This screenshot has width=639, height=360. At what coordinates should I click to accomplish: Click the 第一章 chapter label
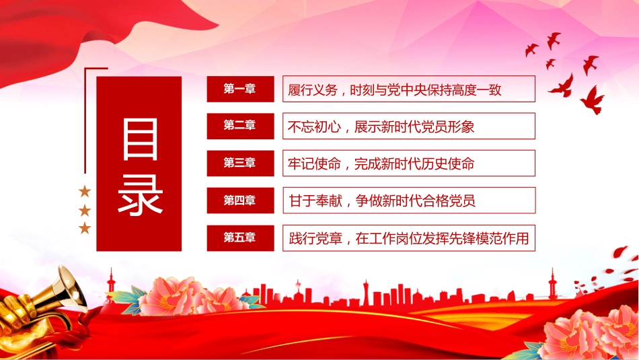pos(240,89)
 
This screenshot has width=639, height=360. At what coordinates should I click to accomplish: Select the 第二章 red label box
pos(240,126)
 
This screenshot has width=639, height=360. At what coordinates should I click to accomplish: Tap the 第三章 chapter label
pos(240,163)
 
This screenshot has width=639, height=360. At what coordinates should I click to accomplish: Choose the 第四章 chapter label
pos(240,200)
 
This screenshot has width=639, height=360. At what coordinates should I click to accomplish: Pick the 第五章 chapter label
pos(240,238)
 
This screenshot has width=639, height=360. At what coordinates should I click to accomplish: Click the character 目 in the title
pos(140,139)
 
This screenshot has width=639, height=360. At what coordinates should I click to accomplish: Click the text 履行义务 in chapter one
pos(313,89)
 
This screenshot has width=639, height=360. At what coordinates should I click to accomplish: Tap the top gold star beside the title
pos(85,191)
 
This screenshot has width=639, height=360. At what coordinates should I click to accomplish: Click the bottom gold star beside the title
pos(85,228)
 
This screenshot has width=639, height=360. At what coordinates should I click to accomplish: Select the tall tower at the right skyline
pos(552,283)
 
